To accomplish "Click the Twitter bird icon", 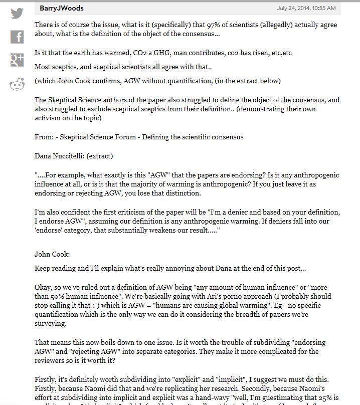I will point(17,13).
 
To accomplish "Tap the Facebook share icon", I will point(17,37).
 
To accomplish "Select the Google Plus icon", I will point(17,61).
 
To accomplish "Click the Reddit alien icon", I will point(17,84).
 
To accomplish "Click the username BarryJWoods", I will point(62,8).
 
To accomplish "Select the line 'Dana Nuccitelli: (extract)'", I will point(74,155).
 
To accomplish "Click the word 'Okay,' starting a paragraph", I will point(44,287).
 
